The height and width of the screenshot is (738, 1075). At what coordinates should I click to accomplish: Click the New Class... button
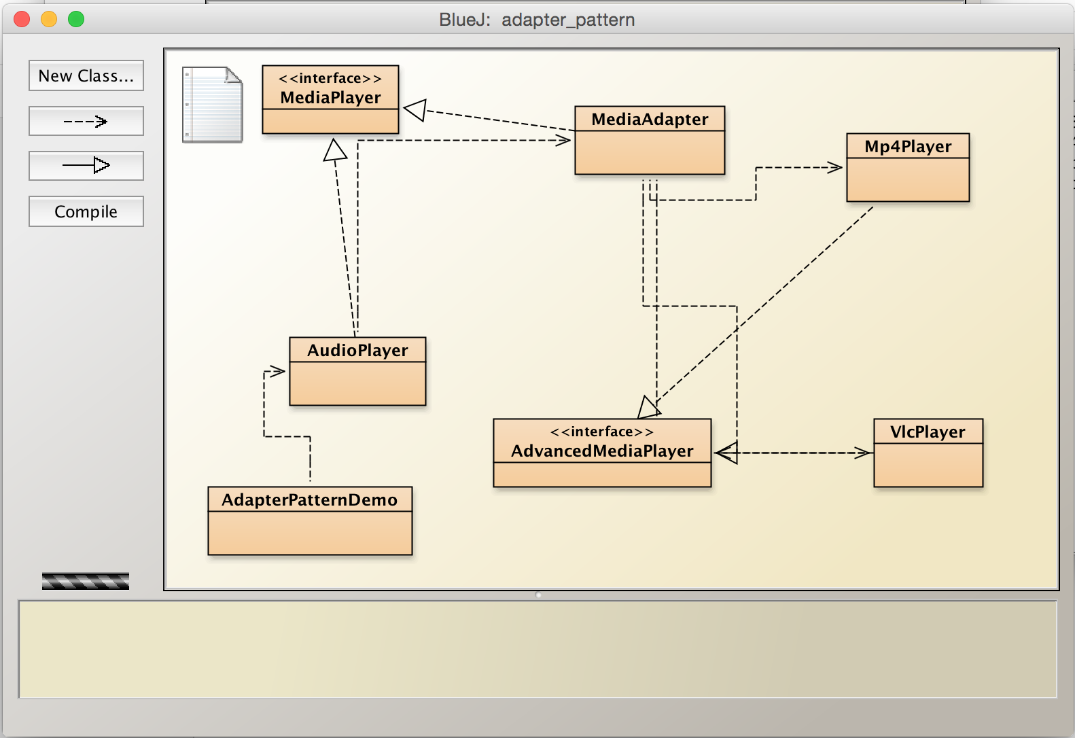[x=86, y=75]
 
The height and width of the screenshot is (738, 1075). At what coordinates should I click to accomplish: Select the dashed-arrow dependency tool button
[x=86, y=122]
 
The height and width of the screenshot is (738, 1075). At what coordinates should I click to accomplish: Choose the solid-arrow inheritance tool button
[x=86, y=165]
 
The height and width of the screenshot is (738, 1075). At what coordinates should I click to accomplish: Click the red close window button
[x=22, y=19]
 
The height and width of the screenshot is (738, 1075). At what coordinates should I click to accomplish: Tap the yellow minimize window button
[x=49, y=19]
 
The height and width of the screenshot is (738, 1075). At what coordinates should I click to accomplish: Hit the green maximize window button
[x=76, y=19]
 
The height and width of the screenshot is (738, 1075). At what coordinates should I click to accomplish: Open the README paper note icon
[x=212, y=105]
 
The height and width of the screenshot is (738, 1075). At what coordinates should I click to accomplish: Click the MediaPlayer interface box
[x=330, y=99]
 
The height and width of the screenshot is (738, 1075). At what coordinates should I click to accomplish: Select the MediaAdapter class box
[x=650, y=140]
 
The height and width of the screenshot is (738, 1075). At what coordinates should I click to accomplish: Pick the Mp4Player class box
[x=908, y=167]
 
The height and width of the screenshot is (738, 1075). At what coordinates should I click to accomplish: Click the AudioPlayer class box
[x=357, y=371]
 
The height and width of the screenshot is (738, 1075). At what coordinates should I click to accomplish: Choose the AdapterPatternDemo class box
[x=310, y=521]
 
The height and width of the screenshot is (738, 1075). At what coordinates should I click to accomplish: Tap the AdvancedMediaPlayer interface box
[x=602, y=453]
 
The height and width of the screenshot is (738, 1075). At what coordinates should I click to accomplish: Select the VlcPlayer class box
[x=928, y=453]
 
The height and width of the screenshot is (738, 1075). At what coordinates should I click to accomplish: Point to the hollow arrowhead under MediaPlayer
[x=334, y=150]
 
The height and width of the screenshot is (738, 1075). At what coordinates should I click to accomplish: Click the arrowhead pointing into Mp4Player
[x=835, y=167]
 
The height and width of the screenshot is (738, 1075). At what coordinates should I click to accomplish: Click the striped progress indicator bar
[x=86, y=581]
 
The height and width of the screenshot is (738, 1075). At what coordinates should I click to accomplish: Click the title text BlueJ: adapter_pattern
[x=537, y=20]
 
